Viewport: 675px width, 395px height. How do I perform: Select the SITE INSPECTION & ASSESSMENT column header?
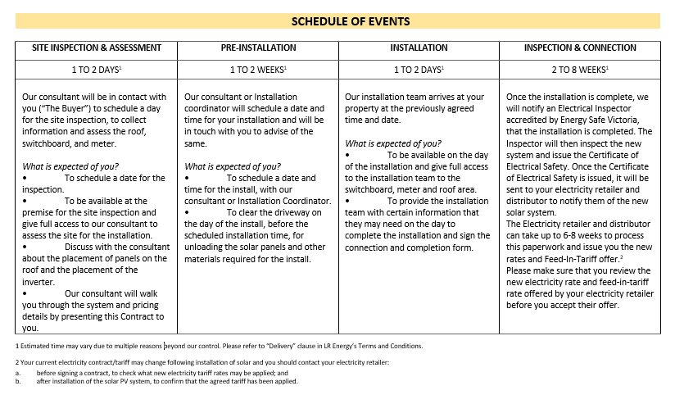point(97,48)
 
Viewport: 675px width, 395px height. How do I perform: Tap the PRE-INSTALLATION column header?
point(258,48)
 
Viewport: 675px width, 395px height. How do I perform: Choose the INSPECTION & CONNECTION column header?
point(580,48)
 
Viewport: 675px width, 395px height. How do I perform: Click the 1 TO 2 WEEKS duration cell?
point(258,70)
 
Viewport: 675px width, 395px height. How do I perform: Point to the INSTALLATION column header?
point(419,48)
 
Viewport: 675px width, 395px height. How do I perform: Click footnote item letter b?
point(18,380)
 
